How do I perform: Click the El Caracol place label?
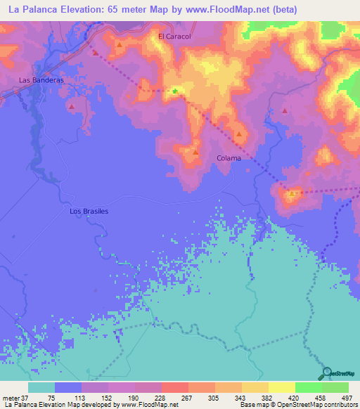point(174,36)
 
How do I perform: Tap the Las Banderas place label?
point(41,80)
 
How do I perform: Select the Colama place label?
point(229,158)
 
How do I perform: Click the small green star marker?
point(175,90)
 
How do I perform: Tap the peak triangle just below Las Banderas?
point(72,107)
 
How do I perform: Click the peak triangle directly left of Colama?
point(195,152)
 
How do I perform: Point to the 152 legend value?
point(95,397)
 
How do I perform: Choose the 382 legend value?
point(255,397)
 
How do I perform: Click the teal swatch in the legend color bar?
point(41,387)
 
